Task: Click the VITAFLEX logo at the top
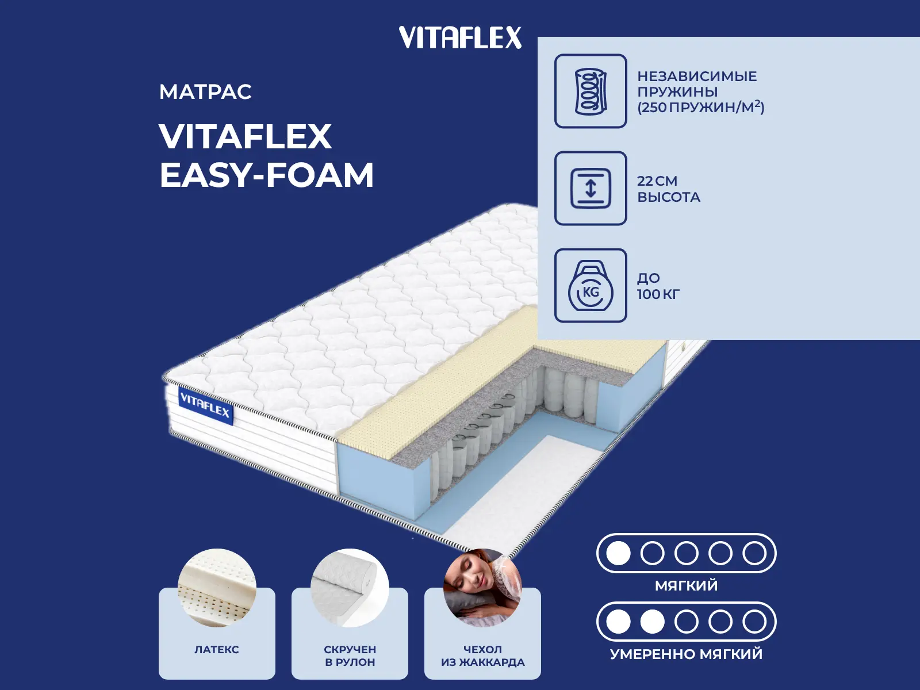[460, 37]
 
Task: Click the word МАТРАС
[205, 92]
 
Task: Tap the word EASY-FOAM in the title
[267, 175]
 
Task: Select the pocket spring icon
[591, 91]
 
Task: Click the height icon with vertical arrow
[591, 188]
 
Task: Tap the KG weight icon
[591, 285]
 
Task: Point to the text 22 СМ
[657, 181]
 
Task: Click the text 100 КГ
[658, 294]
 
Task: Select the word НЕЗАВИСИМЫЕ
[697, 76]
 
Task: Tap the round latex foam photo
[217, 588]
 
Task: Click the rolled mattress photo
[350, 588]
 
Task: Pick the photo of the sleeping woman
[482, 588]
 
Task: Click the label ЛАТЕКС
[217, 650]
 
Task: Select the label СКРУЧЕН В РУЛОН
[350, 656]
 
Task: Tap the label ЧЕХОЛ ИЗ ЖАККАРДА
[483, 656]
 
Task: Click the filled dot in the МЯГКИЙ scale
[618, 553]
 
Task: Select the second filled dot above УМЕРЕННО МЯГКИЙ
[652, 622]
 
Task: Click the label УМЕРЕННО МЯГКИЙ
[686, 654]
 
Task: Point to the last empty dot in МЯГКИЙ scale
[754, 553]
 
